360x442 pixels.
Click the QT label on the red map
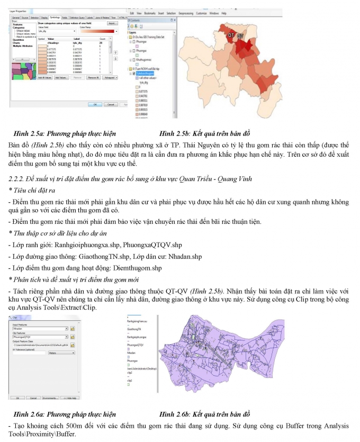pos(231,35)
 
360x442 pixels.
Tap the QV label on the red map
pos(240,36)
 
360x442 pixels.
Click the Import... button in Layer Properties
pos(112,23)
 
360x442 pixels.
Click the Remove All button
pos(94,77)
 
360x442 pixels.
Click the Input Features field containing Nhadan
pos(40,329)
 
